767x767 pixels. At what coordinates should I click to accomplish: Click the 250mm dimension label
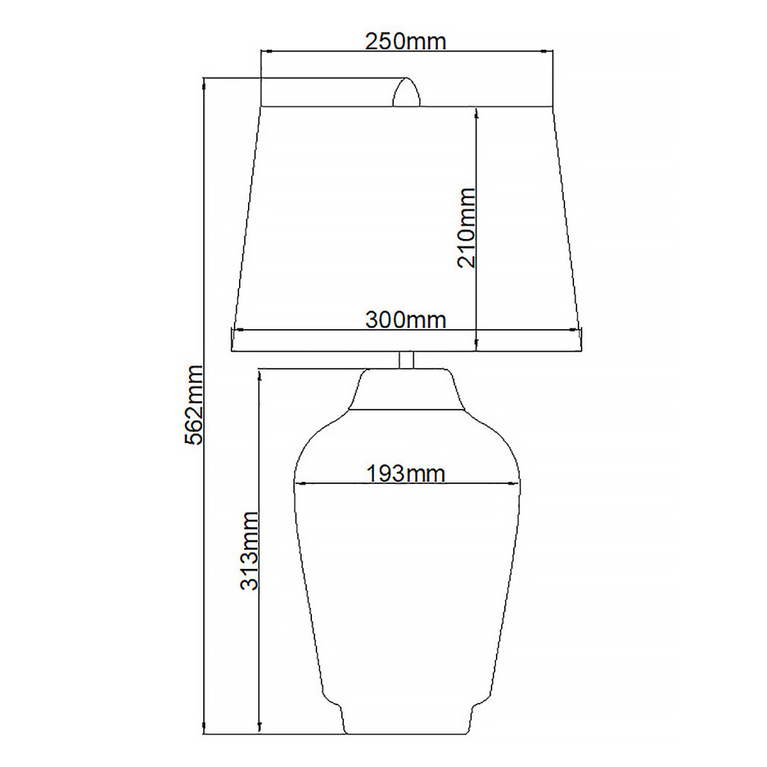point(406,42)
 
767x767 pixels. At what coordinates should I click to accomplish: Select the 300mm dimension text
point(406,320)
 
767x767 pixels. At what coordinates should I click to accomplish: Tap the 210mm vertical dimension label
point(466,228)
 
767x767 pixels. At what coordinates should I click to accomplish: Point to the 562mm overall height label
point(194,404)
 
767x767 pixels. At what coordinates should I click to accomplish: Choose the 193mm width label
point(406,474)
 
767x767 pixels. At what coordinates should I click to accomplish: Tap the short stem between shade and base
point(407,360)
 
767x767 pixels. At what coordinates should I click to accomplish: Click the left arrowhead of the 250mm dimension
point(266,51)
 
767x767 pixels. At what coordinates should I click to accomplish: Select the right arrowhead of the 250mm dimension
point(547,51)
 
